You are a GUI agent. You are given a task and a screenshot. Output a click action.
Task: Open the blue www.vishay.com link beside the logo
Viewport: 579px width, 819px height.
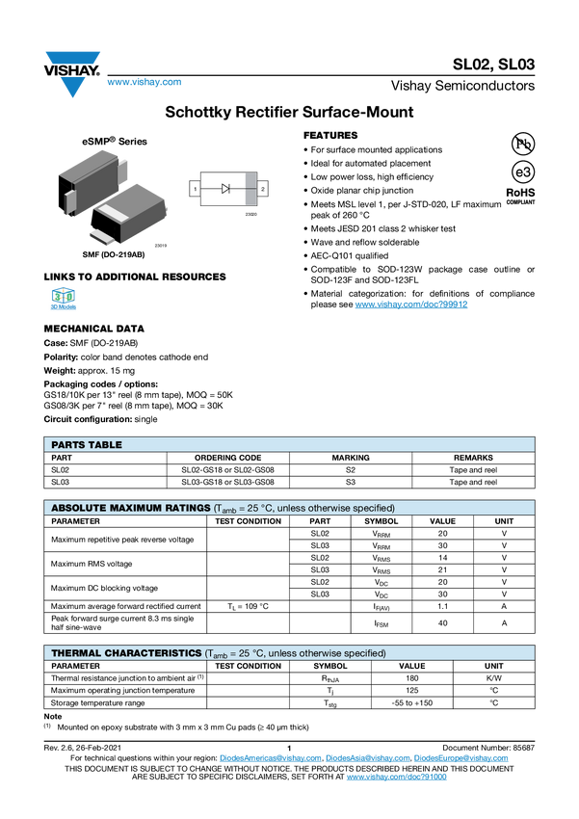[x=144, y=83]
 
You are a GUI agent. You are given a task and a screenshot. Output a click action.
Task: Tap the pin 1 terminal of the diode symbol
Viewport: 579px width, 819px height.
[x=196, y=190]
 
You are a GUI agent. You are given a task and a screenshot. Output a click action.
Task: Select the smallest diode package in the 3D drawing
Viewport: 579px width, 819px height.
[x=100, y=237]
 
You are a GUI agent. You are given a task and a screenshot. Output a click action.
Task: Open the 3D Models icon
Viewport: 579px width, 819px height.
[x=64, y=301]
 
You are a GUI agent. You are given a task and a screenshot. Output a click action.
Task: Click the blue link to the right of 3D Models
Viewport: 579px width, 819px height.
[x=411, y=305]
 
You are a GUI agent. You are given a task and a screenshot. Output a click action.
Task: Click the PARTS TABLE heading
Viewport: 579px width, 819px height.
[x=87, y=444]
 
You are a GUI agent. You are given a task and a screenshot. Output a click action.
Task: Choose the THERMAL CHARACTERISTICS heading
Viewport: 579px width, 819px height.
[x=126, y=653]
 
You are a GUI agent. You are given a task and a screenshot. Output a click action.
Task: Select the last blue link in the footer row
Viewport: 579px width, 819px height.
[x=462, y=758]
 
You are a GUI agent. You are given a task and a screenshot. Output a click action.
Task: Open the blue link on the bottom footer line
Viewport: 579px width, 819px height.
[x=396, y=777]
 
